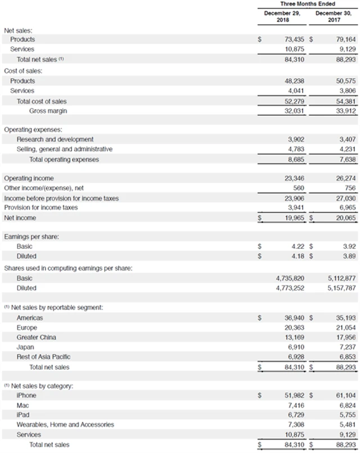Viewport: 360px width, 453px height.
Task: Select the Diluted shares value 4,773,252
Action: pyautogui.click(x=290, y=288)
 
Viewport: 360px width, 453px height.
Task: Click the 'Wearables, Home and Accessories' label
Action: pyautogui.click(x=65, y=424)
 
